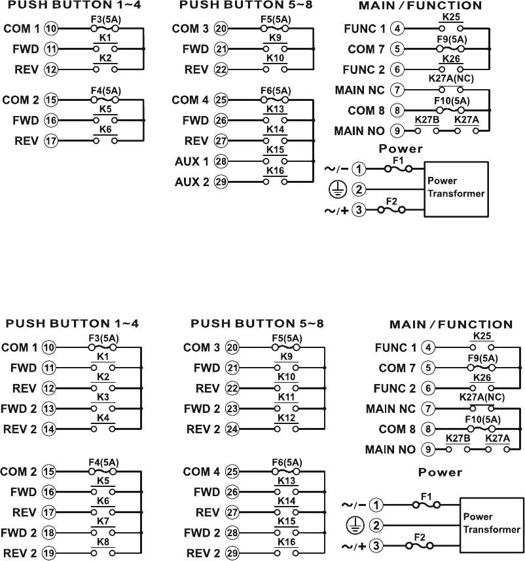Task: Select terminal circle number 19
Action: (x=49, y=552)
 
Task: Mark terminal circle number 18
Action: (x=49, y=532)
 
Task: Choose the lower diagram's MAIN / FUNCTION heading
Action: (x=451, y=324)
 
